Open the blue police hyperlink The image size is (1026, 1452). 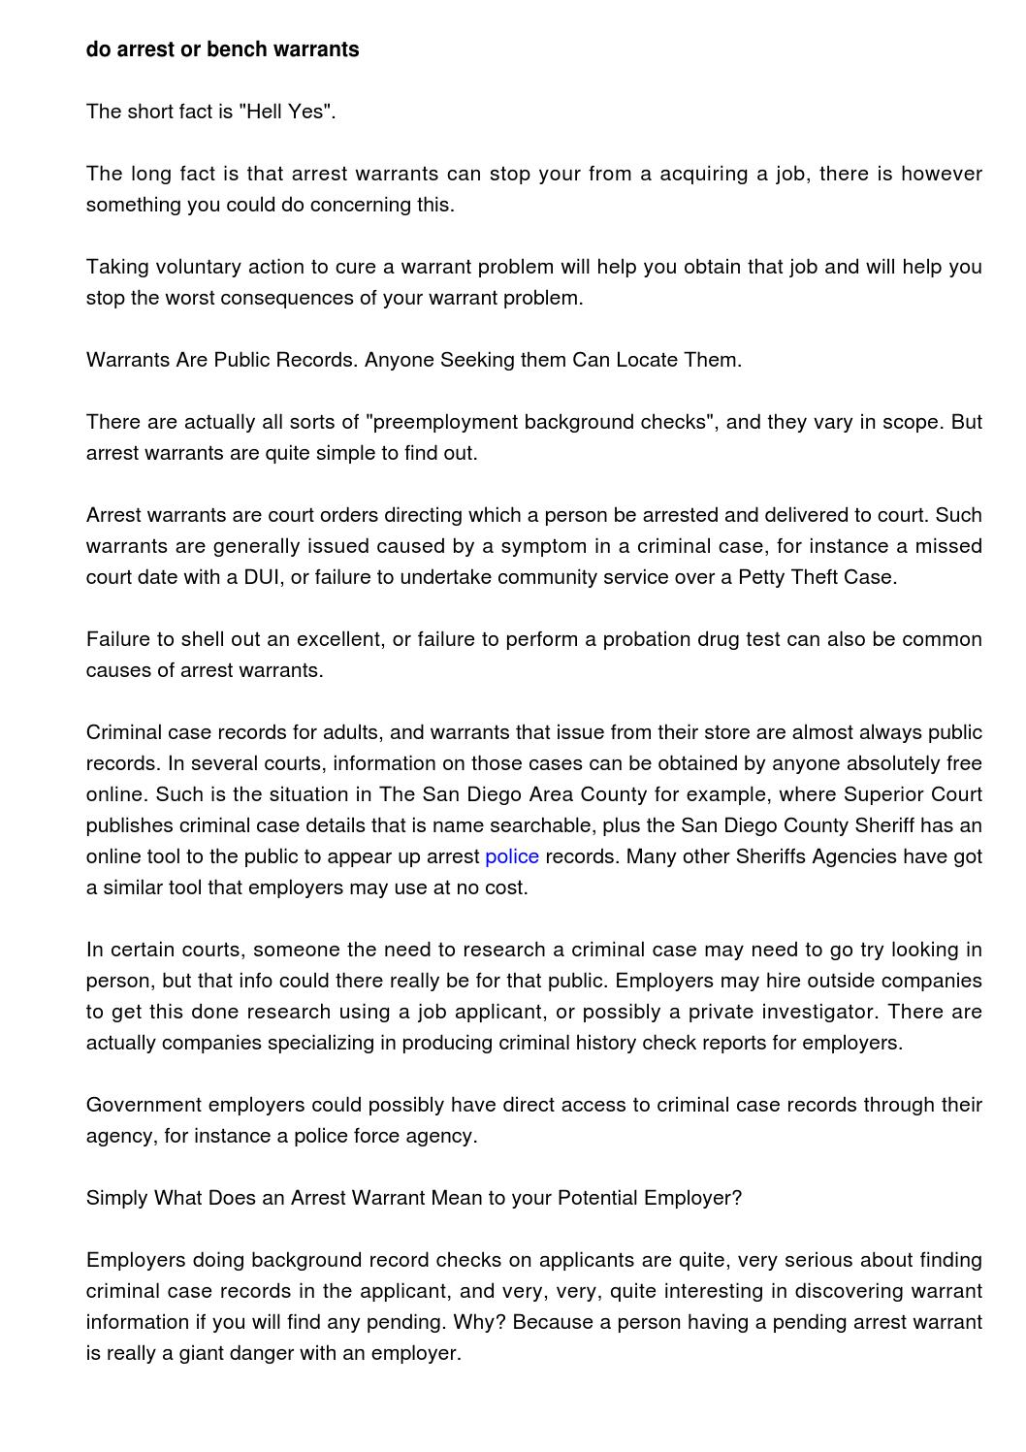[512, 856]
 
